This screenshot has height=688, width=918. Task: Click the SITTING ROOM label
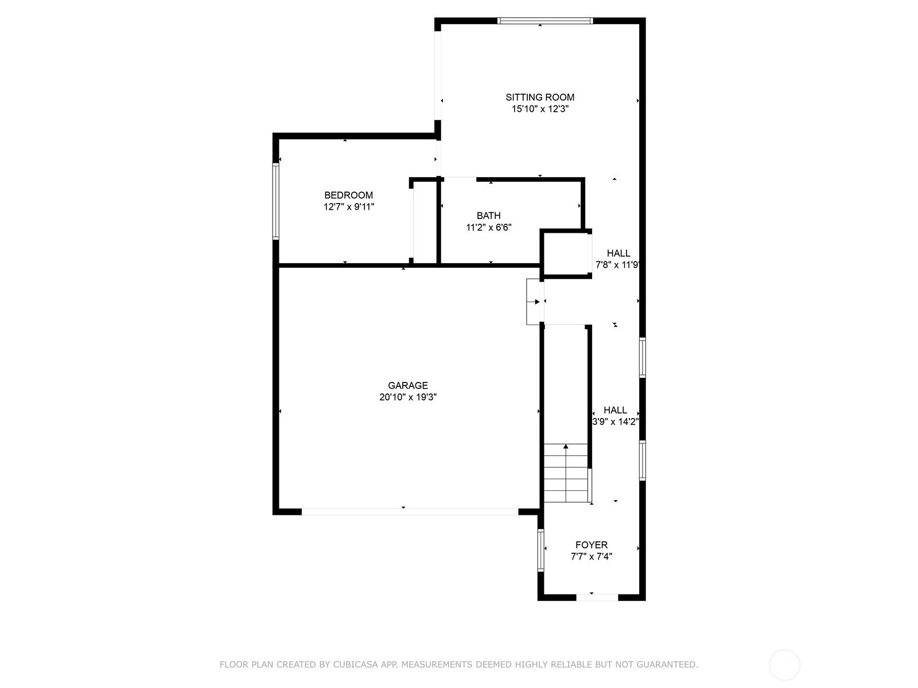tap(539, 97)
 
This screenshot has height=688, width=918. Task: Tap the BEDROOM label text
tap(348, 195)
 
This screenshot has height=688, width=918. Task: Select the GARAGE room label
tap(408, 385)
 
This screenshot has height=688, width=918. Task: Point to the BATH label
tap(488, 216)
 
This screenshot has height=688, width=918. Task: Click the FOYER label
tap(592, 545)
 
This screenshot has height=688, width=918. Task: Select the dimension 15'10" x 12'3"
tap(540, 109)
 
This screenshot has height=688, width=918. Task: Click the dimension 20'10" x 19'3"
tap(408, 397)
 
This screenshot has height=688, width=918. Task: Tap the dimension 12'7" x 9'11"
tap(349, 207)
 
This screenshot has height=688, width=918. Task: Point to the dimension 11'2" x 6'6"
tap(489, 227)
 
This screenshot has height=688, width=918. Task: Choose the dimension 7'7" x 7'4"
tap(592, 556)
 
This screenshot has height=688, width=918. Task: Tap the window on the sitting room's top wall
tap(545, 21)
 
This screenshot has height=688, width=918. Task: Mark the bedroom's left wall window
tap(275, 201)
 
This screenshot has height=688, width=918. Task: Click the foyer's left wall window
tap(540, 550)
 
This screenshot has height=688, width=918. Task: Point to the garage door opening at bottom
tap(410, 511)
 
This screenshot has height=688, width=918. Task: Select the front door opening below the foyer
tap(597, 597)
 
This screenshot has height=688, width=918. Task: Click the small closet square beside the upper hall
tap(565, 253)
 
